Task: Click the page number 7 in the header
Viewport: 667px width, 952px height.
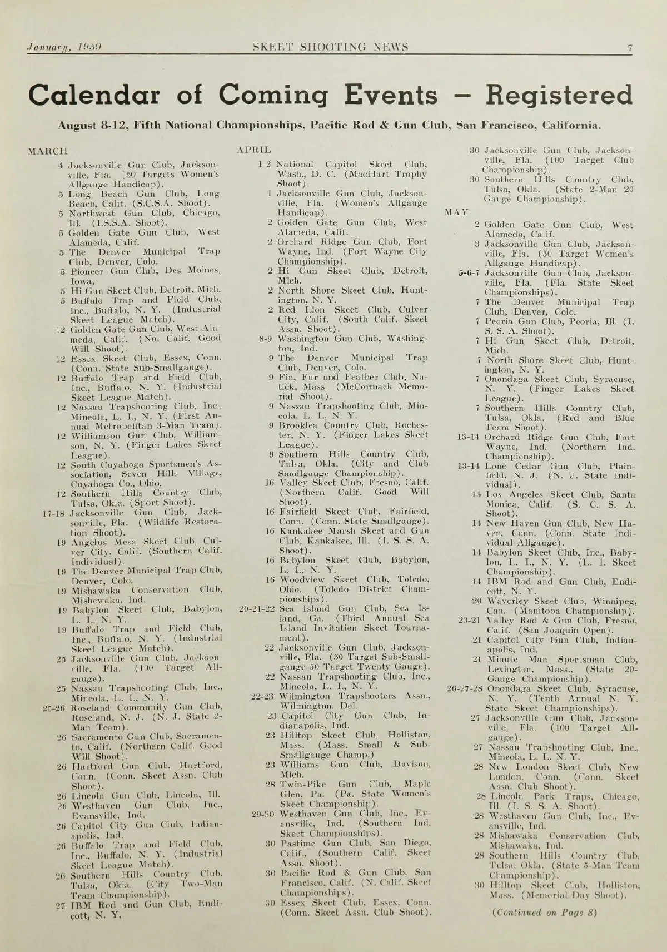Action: (630, 47)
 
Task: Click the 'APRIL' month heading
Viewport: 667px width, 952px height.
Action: (254, 150)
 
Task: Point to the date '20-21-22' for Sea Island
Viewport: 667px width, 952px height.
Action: (257, 608)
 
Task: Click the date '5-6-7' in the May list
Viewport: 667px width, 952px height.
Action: (470, 273)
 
